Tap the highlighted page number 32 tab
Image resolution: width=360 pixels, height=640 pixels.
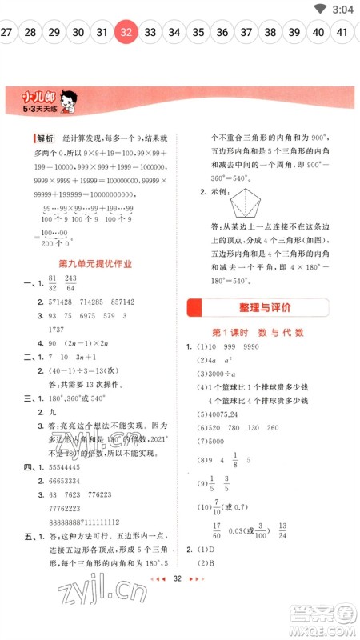(126, 32)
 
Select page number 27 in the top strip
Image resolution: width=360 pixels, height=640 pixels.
(6, 32)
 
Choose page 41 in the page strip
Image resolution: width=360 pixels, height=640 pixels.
(342, 32)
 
